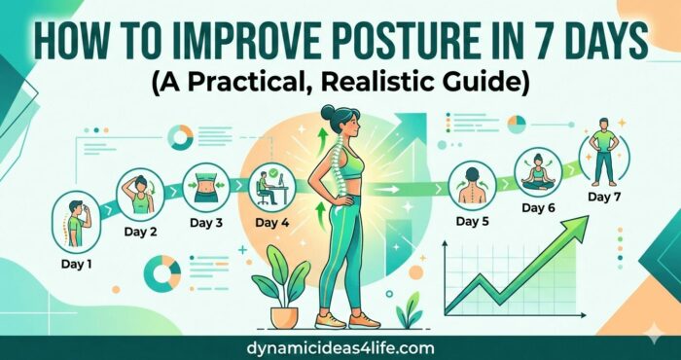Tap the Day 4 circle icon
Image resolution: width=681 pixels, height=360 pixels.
point(273,187)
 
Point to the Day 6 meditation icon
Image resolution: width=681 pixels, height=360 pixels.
point(538,173)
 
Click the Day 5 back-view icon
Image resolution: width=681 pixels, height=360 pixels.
point(473,185)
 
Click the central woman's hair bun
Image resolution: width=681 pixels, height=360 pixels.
point(326,113)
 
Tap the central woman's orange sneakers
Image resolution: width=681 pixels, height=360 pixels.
point(340,319)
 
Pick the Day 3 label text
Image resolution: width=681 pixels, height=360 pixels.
point(206,223)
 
